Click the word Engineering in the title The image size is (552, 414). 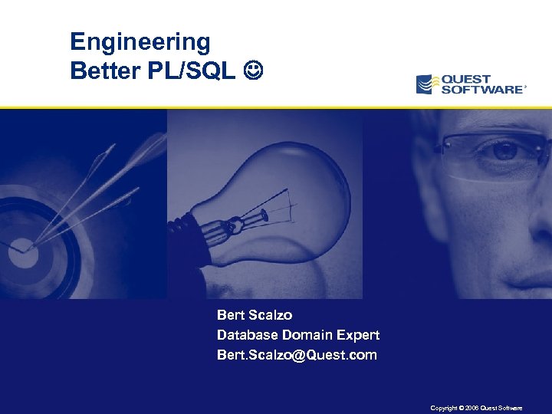coord(140,41)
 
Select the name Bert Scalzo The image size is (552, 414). coord(255,315)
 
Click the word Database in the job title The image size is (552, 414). coord(248,335)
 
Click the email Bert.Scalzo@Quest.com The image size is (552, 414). coord(297,355)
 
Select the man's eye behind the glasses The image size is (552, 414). coord(504,151)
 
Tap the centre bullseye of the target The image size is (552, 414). coord(21,248)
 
